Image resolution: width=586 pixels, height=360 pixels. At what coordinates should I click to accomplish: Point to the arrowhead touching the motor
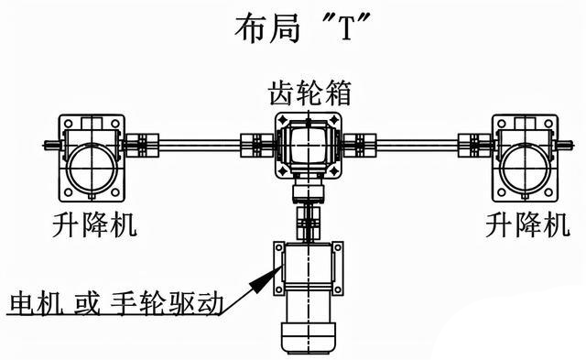[270, 267]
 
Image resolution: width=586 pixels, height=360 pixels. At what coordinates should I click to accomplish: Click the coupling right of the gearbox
[363, 144]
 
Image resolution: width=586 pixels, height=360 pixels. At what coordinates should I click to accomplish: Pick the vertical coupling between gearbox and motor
[305, 219]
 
